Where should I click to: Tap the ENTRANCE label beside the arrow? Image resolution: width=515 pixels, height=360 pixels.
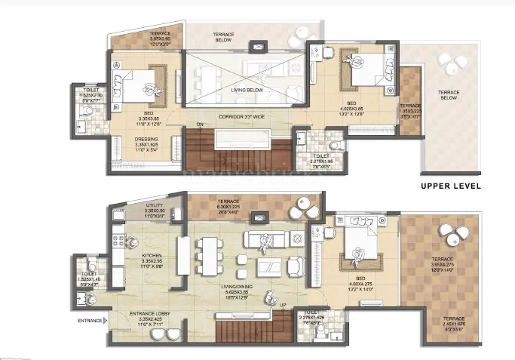pyautogui.click(x=89, y=322)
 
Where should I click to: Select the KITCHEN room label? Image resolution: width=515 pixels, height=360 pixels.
pyautogui.click(x=153, y=256)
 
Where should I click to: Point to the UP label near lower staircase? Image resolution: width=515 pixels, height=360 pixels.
pyautogui.click(x=283, y=306)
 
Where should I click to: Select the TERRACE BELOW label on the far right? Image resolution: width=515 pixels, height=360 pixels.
pyautogui.click(x=449, y=95)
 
